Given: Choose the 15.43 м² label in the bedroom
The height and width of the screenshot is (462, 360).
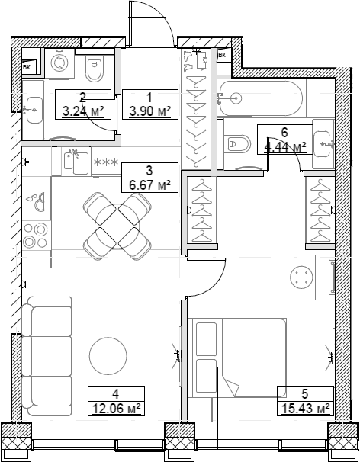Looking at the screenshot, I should pyautogui.click(x=303, y=409).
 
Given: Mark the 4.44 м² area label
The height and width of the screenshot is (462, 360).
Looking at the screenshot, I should pyautogui.click(x=284, y=146).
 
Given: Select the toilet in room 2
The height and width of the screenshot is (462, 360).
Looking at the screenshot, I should pyautogui.click(x=95, y=68).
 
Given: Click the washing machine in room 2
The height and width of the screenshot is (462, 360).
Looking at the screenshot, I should pyautogui.click(x=59, y=62).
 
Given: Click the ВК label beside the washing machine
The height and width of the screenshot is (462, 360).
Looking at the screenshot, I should pyautogui.click(x=27, y=68).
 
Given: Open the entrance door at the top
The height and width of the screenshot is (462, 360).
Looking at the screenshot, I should pyautogui.click(x=151, y=23).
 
